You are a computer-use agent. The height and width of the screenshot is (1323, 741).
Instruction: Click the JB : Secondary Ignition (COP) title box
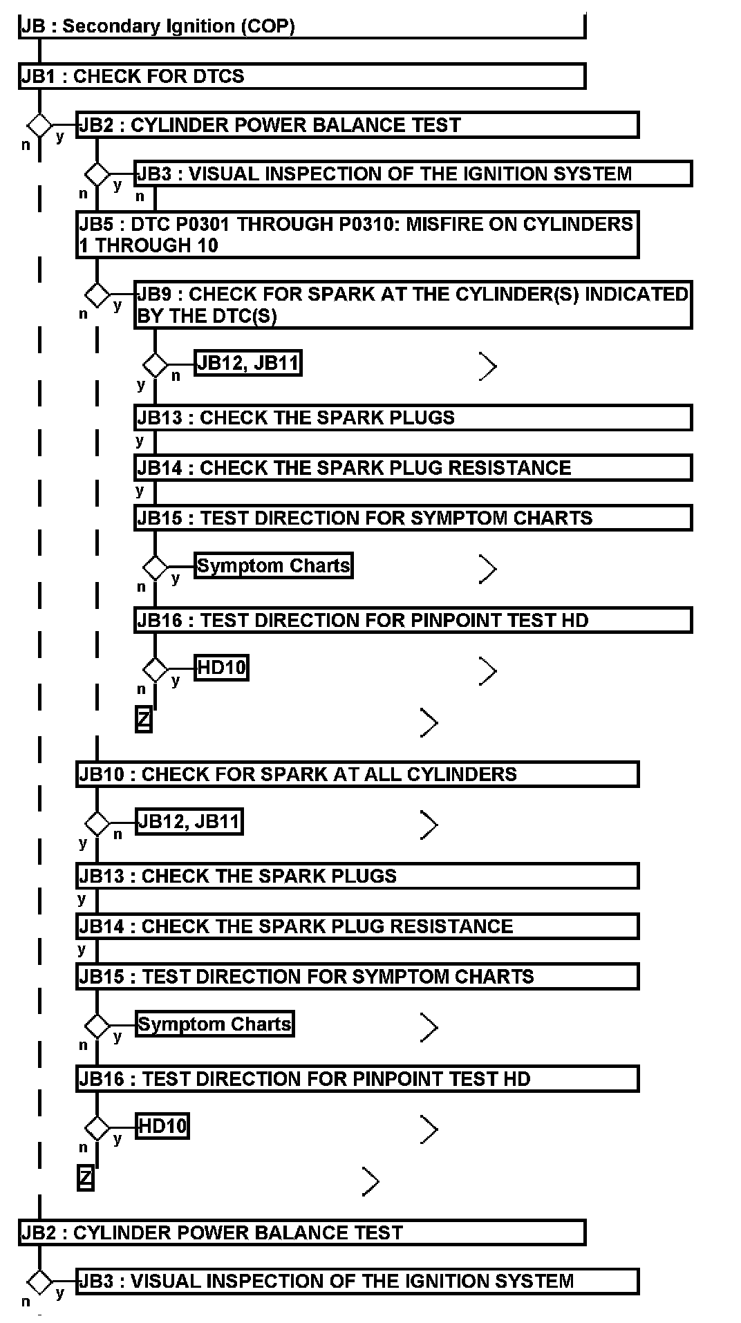pyautogui.click(x=301, y=26)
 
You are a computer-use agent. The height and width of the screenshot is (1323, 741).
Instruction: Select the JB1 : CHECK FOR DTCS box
pyautogui.click(x=301, y=76)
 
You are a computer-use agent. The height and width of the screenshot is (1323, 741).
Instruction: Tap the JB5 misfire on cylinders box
pyautogui.click(x=357, y=235)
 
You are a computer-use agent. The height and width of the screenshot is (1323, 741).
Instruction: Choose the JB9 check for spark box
pyautogui.click(x=413, y=305)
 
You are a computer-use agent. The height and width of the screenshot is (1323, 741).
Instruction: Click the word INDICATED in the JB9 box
pyautogui.click(x=637, y=294)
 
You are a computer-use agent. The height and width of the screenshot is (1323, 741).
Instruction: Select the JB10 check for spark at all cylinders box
pyautogui.click(x=357, y=774)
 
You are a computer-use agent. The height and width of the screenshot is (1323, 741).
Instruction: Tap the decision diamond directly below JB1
pyautogui.click(x=39, y=126)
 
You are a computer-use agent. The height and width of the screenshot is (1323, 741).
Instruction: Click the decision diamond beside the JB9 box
pyautogui.click(x=97, y=295)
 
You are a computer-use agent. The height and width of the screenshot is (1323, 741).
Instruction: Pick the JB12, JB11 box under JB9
pyautogui.click(x=248, y=363)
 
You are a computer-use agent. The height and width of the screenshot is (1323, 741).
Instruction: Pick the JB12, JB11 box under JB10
pyautogui.click(x=189, y=822)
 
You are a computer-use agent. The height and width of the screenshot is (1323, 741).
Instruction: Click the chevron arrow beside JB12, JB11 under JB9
pyautogui.click(x=488, y=366)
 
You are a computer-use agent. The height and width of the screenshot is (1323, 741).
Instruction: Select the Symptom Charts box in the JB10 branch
pyautogui.click(x=214, y=1024)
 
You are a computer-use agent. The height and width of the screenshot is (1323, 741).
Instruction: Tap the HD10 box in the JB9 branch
pyautogui.click(x=221, y=668)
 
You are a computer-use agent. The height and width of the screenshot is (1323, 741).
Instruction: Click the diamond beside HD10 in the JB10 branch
pyautogui.click(x=97, y=1128)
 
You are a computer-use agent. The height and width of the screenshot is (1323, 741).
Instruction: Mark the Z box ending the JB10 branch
pyautogui.click(x=85, y=1178)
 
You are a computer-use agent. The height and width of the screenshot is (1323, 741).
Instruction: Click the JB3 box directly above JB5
pyautogui.click(x=413, y=173)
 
